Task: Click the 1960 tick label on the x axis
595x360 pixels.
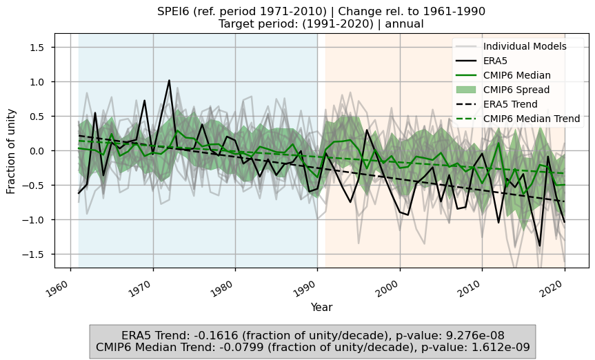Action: point(63,284)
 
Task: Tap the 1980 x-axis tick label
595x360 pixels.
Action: point(227,284)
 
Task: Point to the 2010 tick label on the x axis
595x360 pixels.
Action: point(473,284)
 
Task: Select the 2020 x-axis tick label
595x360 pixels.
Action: point(556,284)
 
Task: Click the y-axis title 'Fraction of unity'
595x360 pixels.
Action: point(12,151)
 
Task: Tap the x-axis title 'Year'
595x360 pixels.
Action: point(321,307)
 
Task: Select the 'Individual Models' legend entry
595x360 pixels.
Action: point(525,47)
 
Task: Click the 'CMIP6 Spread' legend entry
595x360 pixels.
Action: point(516,90)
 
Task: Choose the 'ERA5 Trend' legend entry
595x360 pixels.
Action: point(510,104)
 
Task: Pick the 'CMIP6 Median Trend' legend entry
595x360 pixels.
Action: point(532,119)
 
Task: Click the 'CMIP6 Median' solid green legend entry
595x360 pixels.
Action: point(516,75)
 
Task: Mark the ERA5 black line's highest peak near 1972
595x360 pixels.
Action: point(169,81)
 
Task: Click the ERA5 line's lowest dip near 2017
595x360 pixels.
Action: point(540,246)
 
